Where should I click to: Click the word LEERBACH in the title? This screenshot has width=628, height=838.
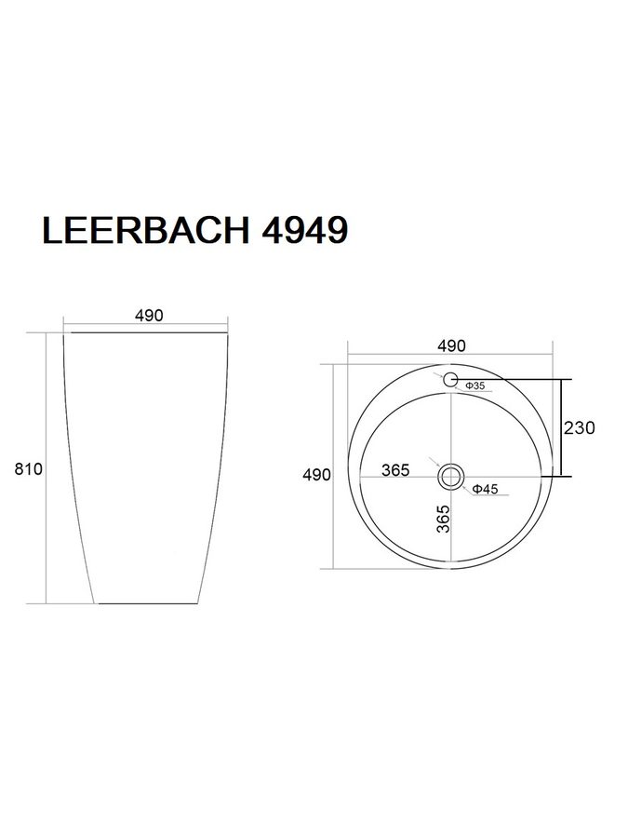tap(146, 230)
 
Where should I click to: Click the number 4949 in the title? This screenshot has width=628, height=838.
tap(305, 230)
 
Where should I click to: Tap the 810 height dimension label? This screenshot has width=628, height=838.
tap(28, 468)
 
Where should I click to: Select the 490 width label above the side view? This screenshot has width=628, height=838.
tap(149, 316)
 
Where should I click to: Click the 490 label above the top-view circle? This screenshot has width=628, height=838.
tap(452, 345)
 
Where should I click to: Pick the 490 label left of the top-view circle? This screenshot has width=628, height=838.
tap(316, 475)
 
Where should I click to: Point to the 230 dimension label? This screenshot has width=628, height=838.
tap(580, 427)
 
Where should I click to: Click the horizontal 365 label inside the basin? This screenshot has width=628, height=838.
tap(395, 470)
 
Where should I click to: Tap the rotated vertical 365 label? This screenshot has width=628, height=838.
tap(444, 519)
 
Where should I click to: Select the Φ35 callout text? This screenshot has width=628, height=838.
tap(474, 385)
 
